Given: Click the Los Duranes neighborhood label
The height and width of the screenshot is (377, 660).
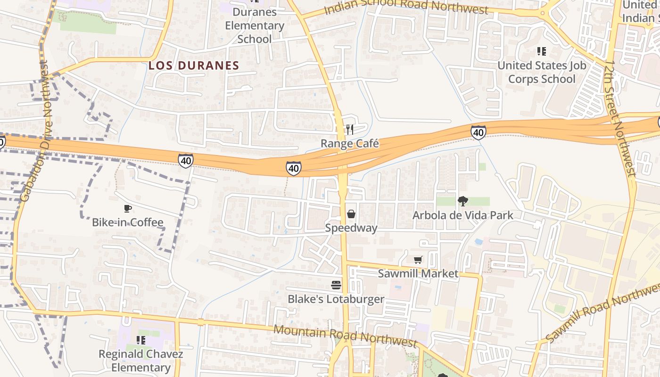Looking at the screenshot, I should tap(194, 66).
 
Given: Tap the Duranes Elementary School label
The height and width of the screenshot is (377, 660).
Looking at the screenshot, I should tap(255, 25).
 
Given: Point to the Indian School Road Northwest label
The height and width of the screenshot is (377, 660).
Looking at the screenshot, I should tap(406, 7).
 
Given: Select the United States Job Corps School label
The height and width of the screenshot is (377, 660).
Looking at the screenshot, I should tap(542, 72).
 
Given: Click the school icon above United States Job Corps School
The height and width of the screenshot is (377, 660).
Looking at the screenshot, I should tap(542, 51).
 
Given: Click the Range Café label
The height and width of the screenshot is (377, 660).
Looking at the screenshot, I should tap(350, 143).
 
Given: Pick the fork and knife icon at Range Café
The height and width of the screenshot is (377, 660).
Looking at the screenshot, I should tap(350, 129).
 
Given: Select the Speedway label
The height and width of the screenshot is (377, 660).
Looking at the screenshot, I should tap(351, 228).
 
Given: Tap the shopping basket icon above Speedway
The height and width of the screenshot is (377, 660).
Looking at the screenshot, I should tap(351, 214).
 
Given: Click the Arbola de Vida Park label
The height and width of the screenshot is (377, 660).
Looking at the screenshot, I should tap(462, 215).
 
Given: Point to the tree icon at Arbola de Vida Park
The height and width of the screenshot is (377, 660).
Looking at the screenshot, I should tap(463, 201).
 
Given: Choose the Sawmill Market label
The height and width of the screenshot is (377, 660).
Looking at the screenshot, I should tap(418, 273).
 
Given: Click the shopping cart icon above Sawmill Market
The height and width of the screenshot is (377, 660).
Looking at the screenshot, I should tap(418, 260).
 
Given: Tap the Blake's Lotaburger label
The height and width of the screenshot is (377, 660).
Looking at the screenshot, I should tap(336, 299).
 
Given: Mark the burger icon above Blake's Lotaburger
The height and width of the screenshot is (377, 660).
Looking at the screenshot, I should tap(336, 285).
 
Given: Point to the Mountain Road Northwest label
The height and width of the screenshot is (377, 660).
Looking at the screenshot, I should tap(345, 336).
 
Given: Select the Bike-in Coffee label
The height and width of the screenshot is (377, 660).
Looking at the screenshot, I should tap(127, 222).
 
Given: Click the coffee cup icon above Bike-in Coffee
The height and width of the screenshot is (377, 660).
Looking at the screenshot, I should tap(127, 208).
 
